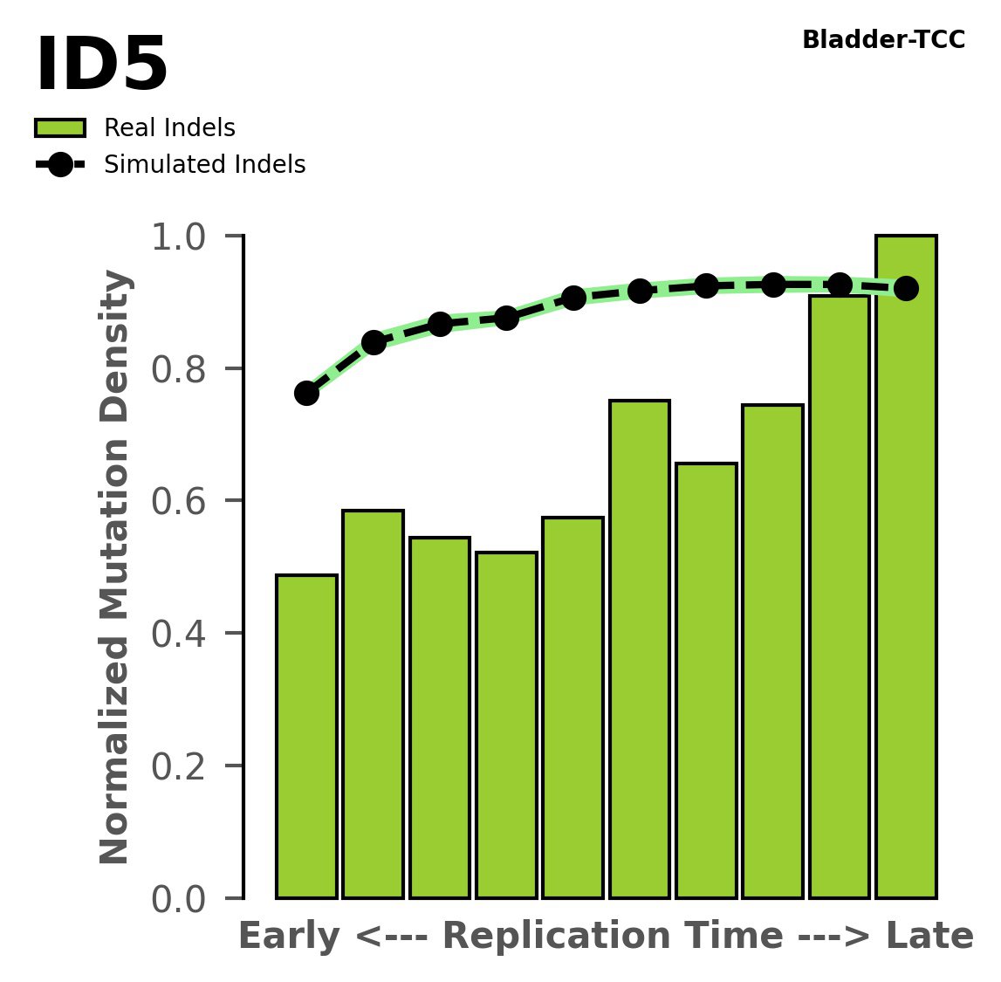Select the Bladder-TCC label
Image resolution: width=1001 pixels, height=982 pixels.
point(883,40)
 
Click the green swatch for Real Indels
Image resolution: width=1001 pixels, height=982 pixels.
point(60,128)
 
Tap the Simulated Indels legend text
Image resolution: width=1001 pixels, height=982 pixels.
point(204,165)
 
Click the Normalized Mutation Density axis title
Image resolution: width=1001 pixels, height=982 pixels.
point(115,567)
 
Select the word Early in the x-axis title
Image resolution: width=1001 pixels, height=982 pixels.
point(289,937)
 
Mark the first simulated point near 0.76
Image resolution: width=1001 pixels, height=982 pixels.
point(306,393)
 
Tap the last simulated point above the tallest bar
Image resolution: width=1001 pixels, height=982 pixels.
point(906,288)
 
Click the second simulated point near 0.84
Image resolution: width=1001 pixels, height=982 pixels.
point(374,342)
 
